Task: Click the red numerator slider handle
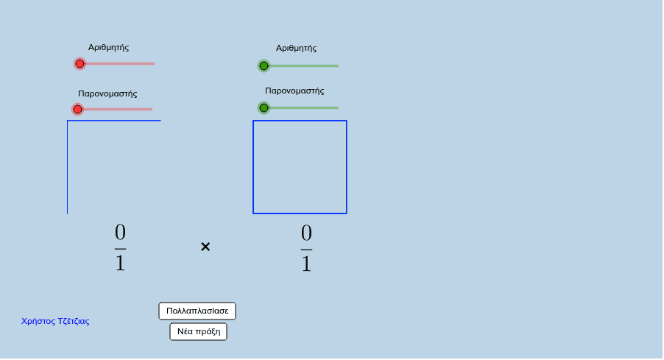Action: (80, 64)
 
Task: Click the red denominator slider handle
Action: (77, 110)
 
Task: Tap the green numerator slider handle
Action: (264, 66)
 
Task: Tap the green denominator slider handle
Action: (264, 108)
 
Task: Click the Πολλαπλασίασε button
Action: (197, 311)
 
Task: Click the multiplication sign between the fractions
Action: (205, 247)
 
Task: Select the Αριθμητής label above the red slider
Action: (108, 47)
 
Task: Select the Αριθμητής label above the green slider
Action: (296, 49)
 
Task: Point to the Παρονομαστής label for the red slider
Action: (107, 93)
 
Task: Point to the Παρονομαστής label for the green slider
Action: (294, 91)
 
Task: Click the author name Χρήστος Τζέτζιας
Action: (55, 321)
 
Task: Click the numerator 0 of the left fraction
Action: (120, 233)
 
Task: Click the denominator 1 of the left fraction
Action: (120, 263)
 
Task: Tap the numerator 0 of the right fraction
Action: (306, 233)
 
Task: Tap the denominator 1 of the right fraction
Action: (306, 264)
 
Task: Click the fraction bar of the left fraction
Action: (120, 249)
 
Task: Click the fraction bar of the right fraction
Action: (306, 249)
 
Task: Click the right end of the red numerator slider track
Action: (154, 64)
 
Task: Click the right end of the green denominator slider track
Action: (339, 108)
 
